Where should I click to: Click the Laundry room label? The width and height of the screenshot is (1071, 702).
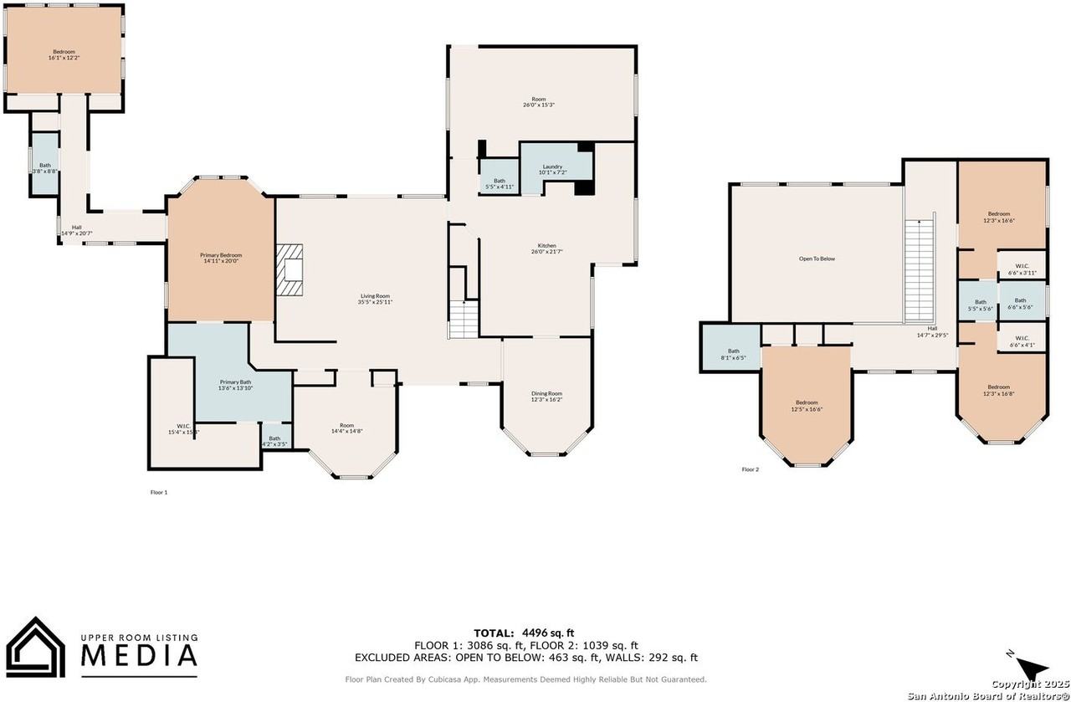pos(552,167)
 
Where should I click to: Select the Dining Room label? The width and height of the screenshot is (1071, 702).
pos(546,393)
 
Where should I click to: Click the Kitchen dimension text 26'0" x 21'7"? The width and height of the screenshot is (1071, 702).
pos(546,252)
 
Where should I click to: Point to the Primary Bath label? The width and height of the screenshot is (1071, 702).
pos(235,382)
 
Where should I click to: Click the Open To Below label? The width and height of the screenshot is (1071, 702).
pos(816,259)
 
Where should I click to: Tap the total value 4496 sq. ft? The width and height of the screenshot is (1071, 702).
pos(547,633)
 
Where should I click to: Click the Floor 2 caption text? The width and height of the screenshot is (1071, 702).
pos(751,469)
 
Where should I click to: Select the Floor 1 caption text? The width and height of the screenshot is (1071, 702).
pos(159,493)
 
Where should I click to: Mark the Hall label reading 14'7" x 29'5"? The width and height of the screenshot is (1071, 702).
pos(931,331)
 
